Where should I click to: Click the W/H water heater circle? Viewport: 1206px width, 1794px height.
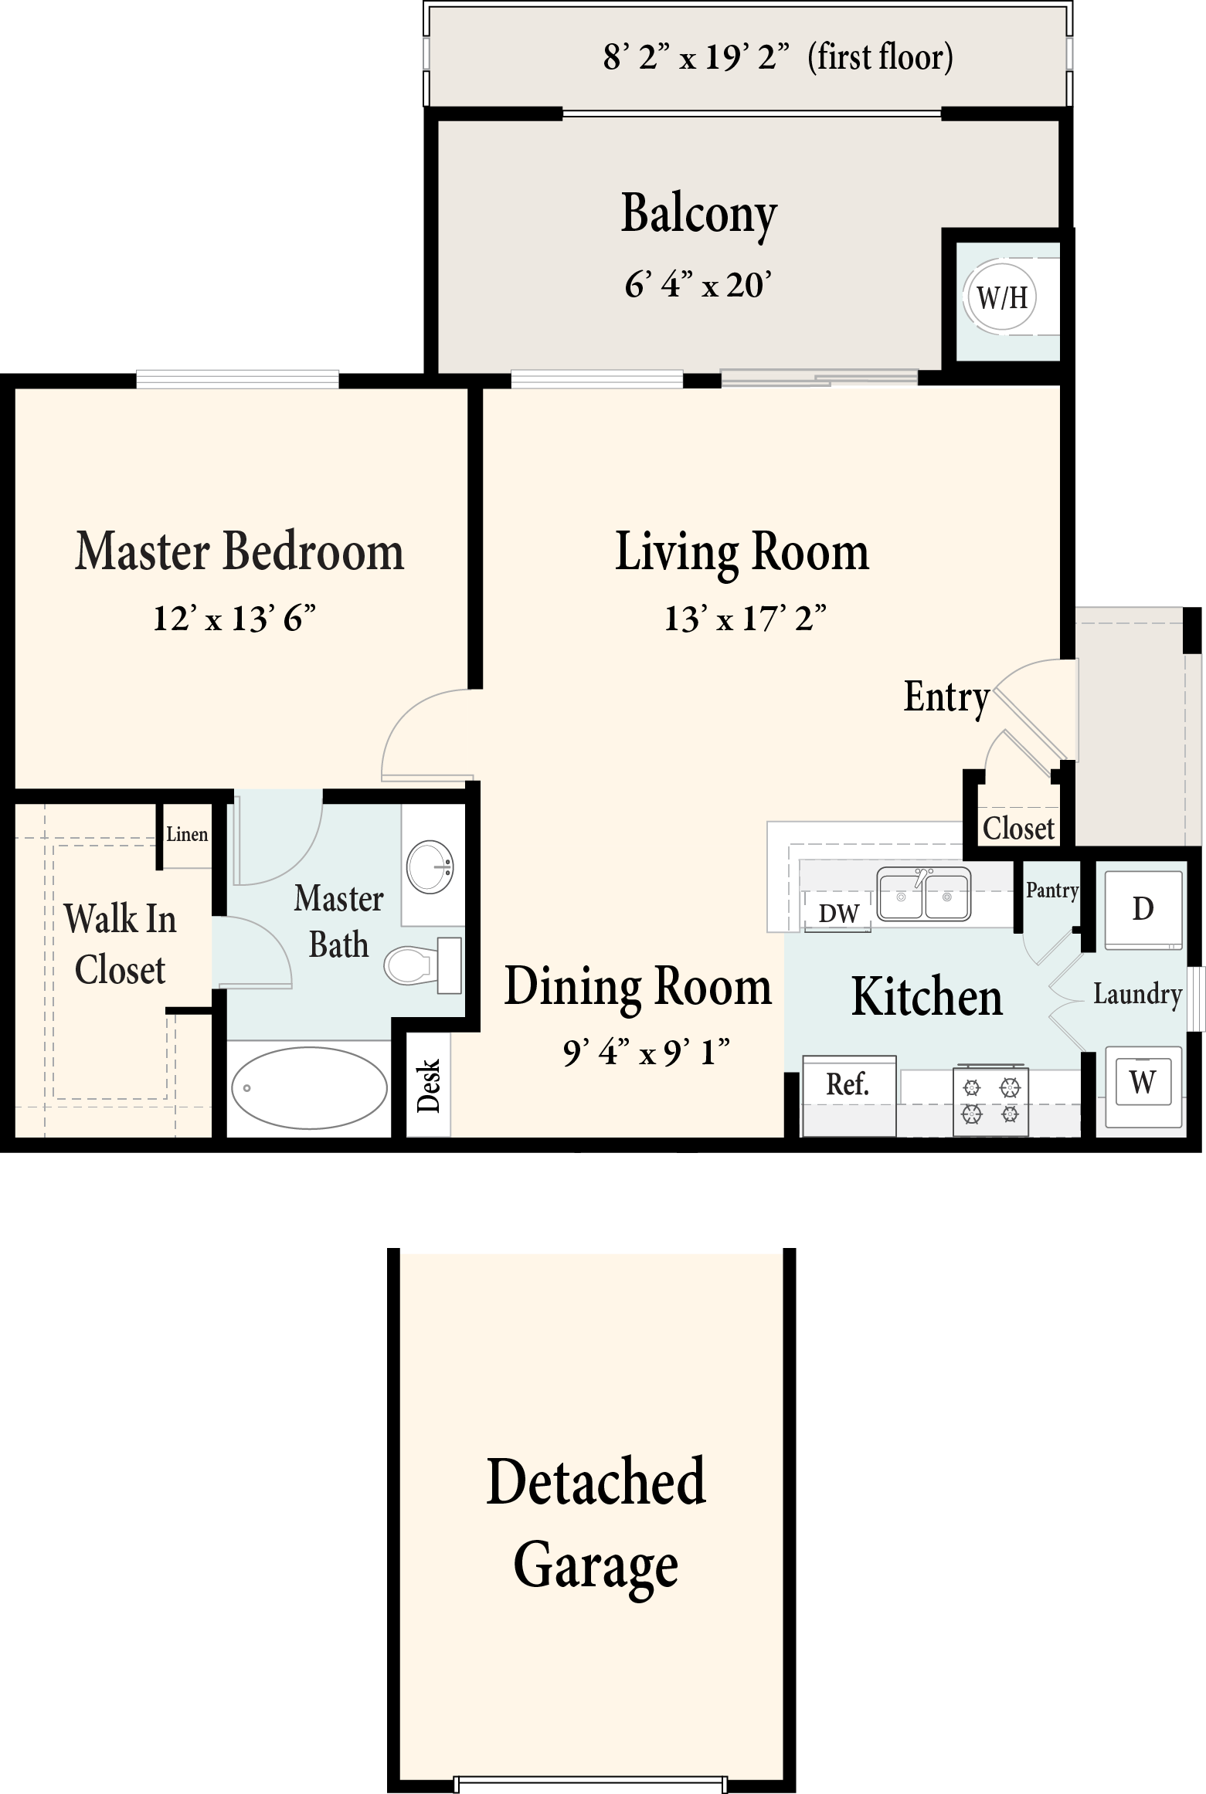click(1001, 297)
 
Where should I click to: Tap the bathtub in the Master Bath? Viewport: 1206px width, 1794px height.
click(309, 1087)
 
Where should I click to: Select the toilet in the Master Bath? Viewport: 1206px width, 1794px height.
click(423, 965)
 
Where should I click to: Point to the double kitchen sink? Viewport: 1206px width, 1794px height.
click(924, 894)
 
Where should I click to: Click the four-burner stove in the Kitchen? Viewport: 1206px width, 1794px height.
click(990, 1100)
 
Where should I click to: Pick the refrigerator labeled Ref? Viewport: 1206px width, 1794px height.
click(849, 1096)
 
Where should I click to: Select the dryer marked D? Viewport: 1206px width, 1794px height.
click(1143, 910)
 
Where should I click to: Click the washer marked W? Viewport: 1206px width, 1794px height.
click(1143, 1082)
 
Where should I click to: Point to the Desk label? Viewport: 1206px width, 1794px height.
click(428, 1085)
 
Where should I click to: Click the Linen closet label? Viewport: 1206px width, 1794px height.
click(187, 834)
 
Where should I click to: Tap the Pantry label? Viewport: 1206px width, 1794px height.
click(1051, 891)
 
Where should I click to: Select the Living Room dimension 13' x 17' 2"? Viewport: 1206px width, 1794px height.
click(746, 619)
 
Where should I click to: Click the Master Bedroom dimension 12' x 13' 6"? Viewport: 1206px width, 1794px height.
click(235, 619)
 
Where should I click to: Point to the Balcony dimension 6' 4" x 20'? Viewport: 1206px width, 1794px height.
click(698, 285)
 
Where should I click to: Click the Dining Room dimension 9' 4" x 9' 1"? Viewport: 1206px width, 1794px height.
click(647, 1052)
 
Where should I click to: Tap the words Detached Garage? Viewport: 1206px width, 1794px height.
click(596, 1524)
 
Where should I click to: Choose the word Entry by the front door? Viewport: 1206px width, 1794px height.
click(947, 698)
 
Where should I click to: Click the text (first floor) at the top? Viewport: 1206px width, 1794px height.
click(880, 58)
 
